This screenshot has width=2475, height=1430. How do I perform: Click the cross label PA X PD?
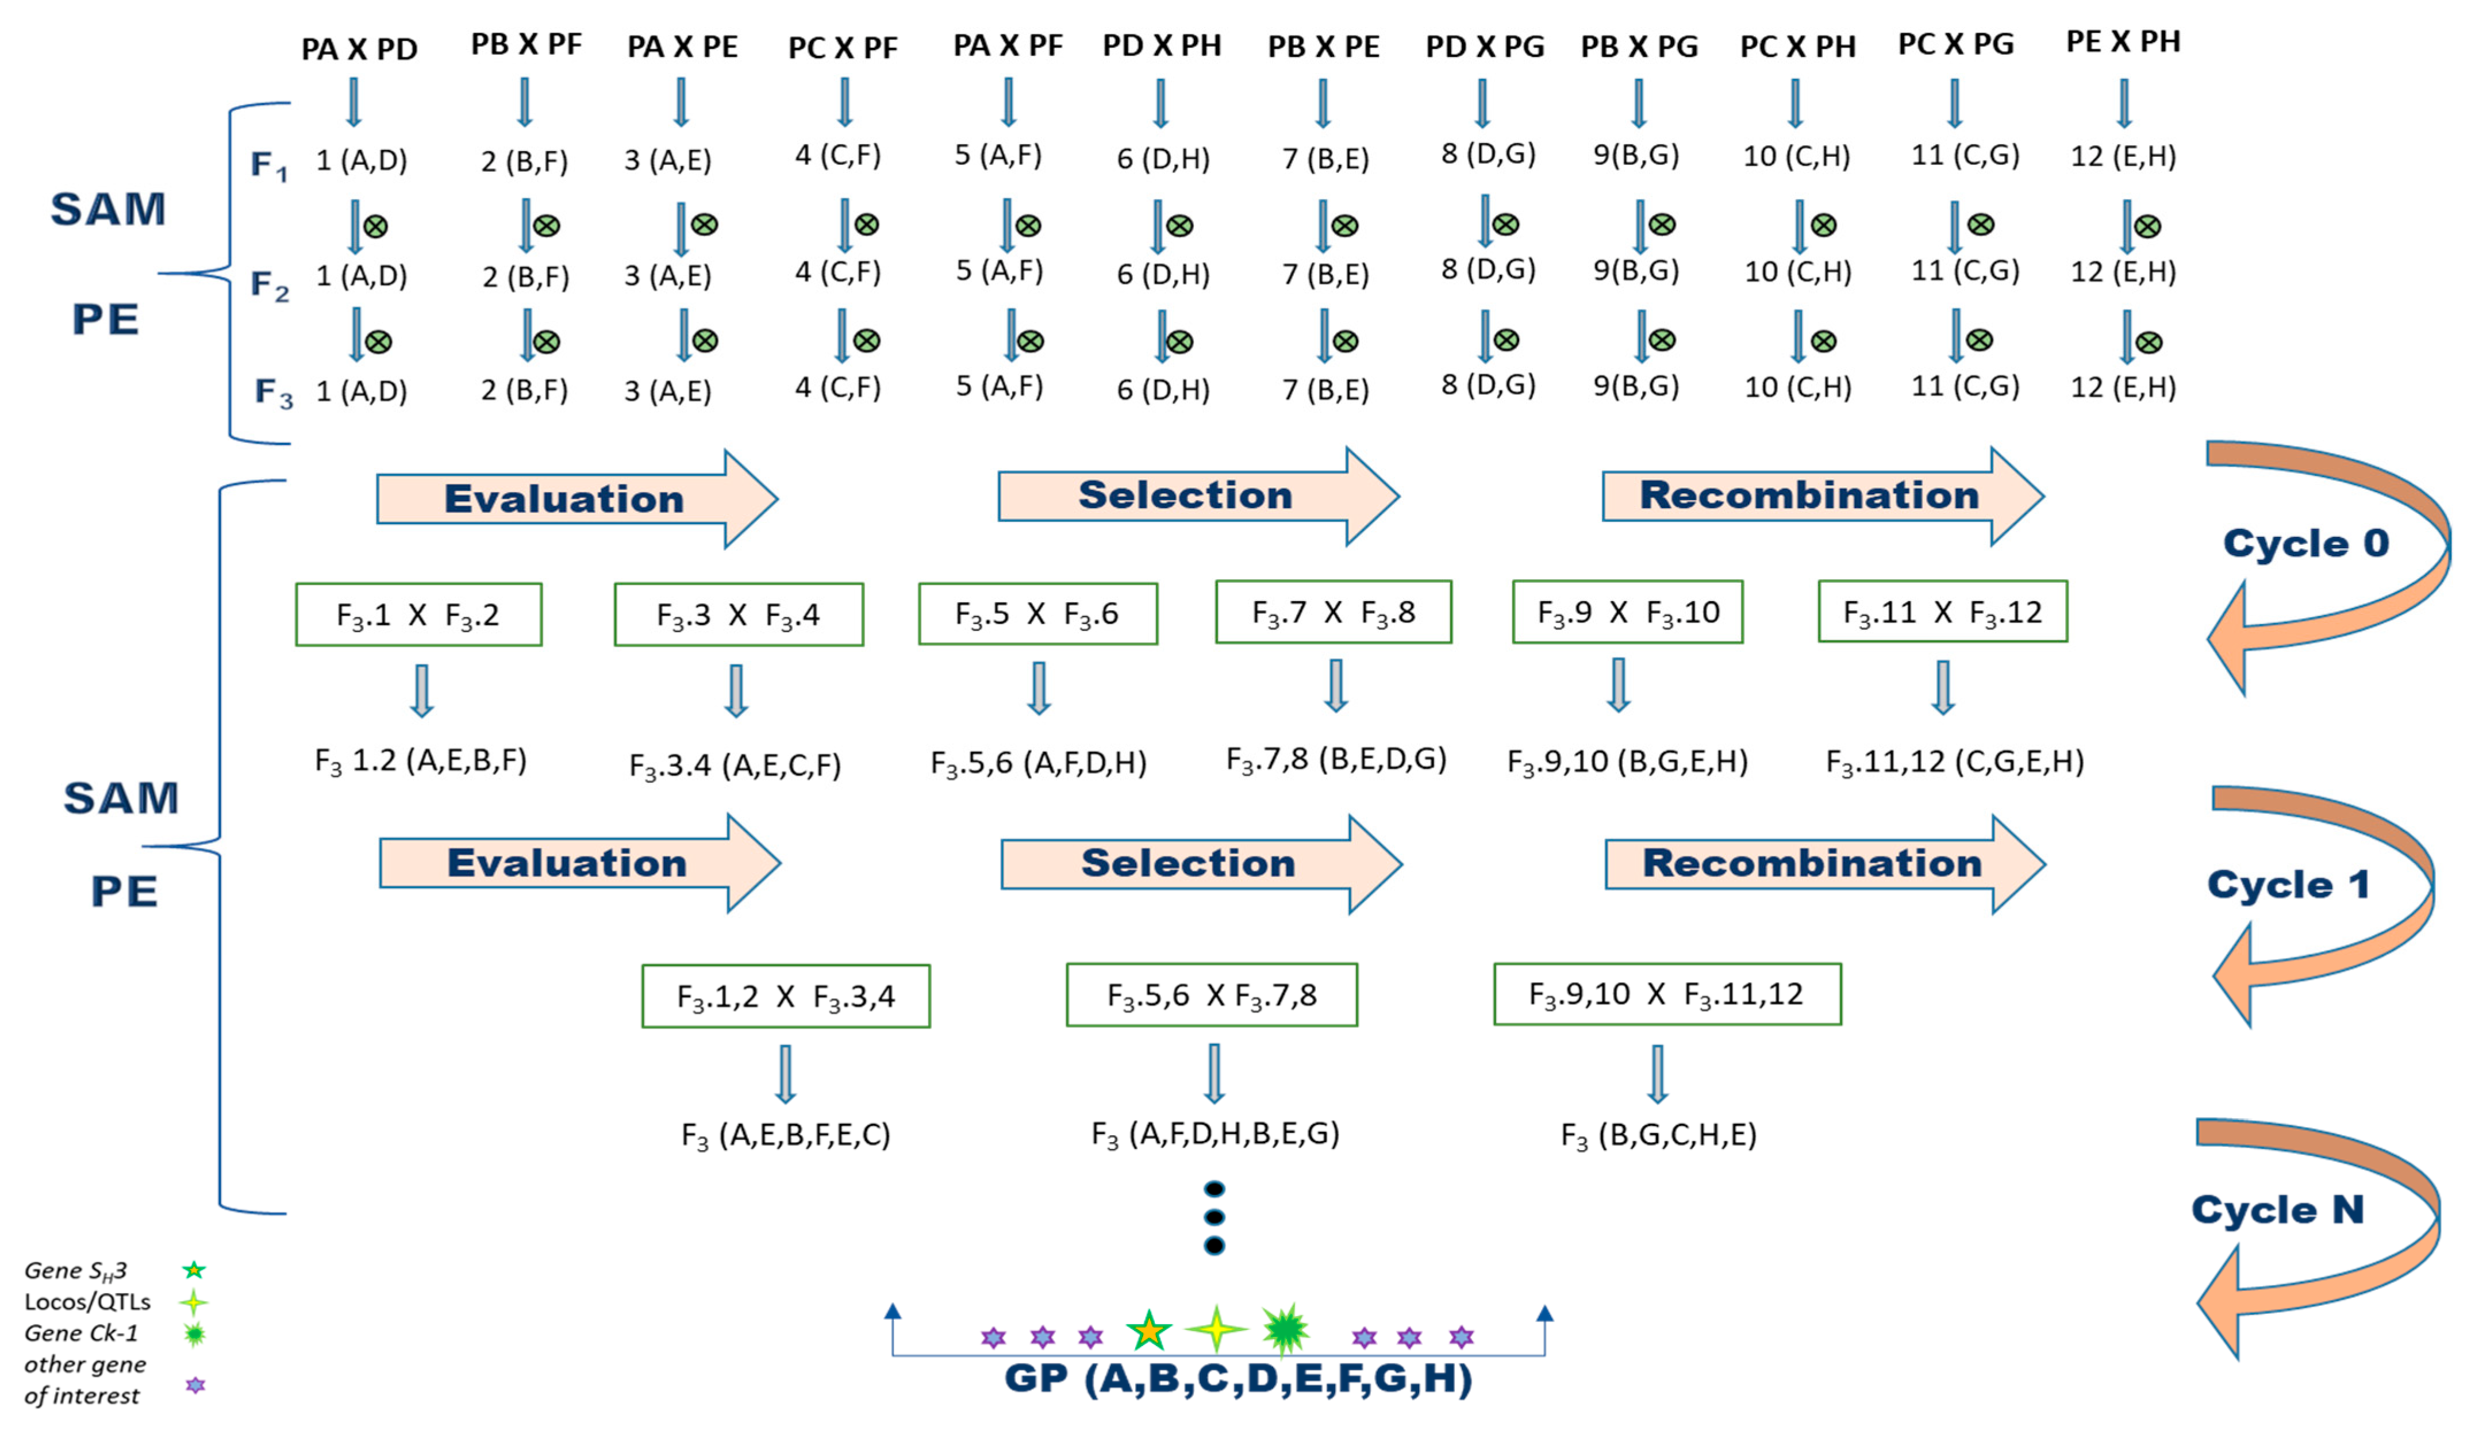click(359, 49)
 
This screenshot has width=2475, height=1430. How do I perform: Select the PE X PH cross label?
click(2123, 42)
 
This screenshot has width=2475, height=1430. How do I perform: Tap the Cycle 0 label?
click(2305, 543)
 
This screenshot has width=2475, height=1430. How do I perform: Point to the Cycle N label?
click(2277, 1209)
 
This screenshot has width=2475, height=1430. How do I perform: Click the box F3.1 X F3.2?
click(418, 615)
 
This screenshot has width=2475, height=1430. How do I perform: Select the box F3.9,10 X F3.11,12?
click(1667, 994)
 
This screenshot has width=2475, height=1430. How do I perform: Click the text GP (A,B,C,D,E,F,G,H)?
click(1237, 1378)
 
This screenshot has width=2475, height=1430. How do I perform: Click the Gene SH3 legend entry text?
click(76, 1271)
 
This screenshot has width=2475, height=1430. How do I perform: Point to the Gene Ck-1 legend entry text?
click(82, 1333)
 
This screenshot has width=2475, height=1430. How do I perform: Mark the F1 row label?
click(268, 165)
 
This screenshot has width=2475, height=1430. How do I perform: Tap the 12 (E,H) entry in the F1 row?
click(2123, 156)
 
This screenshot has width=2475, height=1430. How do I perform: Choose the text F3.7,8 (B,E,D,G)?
click(1336, 759)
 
